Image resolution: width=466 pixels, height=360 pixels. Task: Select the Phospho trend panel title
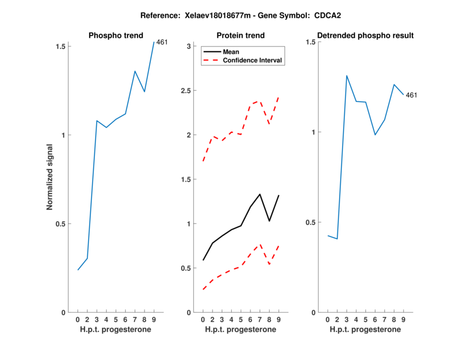click(x=115, y=36)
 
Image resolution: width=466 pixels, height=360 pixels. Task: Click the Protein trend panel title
click(x=241, y=36)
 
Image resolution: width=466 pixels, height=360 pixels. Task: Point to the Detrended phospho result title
click(x=365, y=36)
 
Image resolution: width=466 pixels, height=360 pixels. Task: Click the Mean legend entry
click(x=231, y=52)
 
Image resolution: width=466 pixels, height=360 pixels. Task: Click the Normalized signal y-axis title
click(x=50, y=178)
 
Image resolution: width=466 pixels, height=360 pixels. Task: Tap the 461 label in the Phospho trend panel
click(x=163, y=42)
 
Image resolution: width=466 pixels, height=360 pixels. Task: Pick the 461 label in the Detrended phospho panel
click(x=412, y=95)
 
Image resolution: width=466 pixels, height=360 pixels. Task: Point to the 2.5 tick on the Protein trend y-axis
click(x=186, y=91)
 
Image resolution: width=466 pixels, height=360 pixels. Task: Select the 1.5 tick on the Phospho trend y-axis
click(x=62, y=46)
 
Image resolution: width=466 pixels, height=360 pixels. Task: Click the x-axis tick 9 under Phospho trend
click(x=154, y=320)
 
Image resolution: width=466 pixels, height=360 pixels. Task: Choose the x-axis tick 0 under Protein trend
click(x=203, y=320)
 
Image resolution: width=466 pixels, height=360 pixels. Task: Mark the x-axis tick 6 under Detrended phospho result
click(x=375, y=320)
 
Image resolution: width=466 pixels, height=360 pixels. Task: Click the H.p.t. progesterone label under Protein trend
click(x=241, y=330)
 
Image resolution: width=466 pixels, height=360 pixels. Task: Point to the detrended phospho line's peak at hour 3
click(x=347, y=76)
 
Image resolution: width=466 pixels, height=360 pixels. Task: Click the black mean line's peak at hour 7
click(x=260, y=194)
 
